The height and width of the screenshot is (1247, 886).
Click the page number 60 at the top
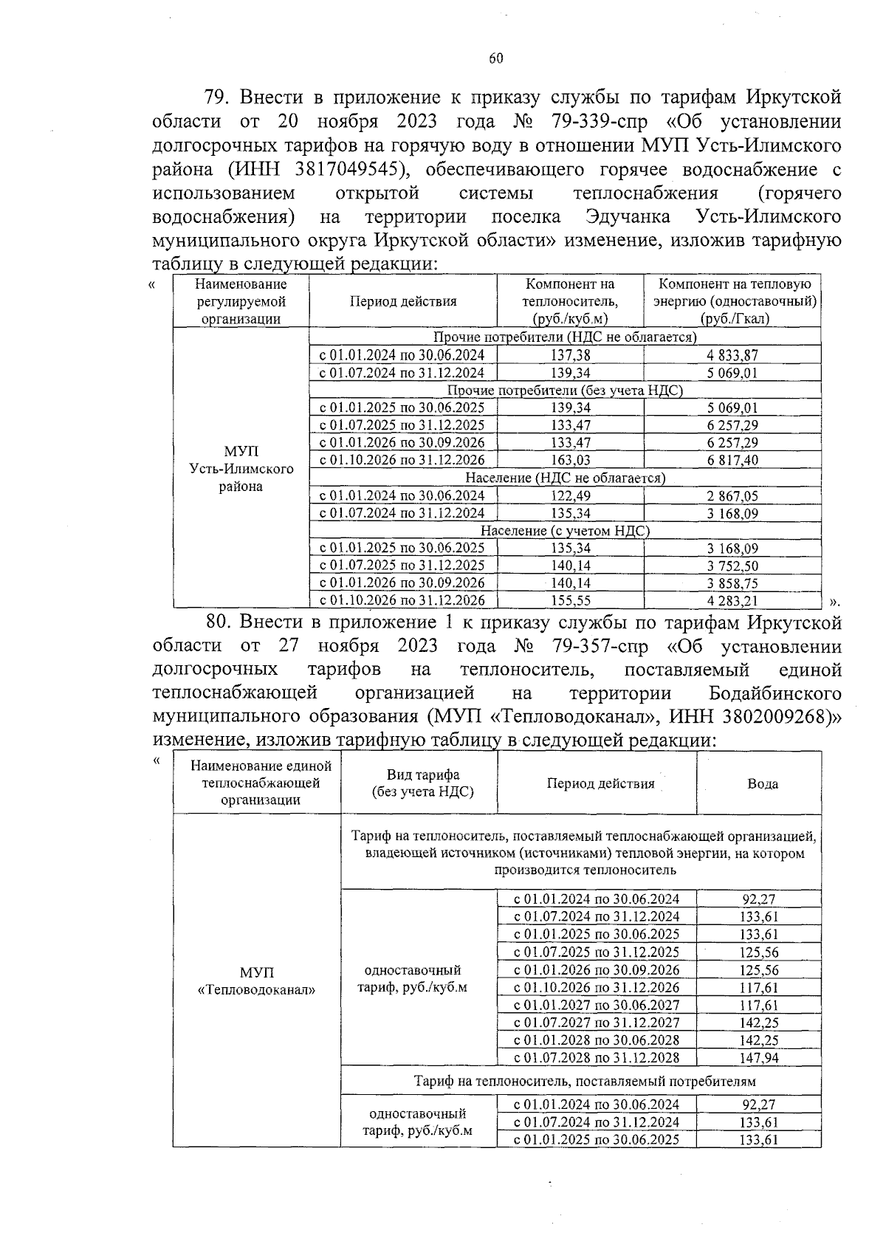pos(495,60)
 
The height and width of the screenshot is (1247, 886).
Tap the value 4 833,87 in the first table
pos(732,355)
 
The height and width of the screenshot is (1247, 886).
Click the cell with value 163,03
pos(570,460)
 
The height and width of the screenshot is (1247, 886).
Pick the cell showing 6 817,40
pos(732,460)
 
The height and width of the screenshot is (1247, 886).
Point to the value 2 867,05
pos(732,496)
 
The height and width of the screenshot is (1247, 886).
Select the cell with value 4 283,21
pos(732,601)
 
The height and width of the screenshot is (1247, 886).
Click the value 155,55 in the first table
pos(570,601)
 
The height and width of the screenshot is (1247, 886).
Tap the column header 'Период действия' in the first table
pos(403,301)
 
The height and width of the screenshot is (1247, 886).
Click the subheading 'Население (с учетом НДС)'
pos(565,531)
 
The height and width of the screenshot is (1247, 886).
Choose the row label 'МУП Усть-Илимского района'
pos(241,469)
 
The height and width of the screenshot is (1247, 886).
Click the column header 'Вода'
pos(762,784)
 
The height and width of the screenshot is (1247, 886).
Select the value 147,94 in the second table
pos(759,1058)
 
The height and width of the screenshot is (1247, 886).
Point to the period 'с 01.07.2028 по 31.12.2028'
pos(597,1058)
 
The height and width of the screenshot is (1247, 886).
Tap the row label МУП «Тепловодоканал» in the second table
pos(256,981)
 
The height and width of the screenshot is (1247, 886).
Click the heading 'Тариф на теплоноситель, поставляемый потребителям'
pos(585,1081)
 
